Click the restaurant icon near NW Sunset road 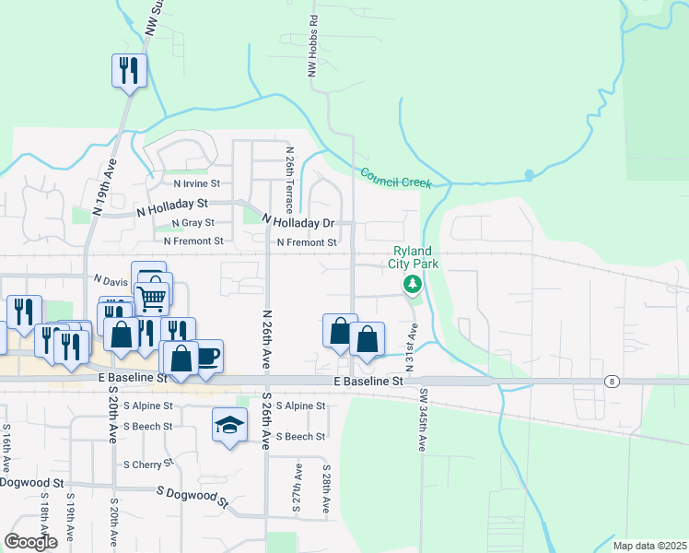[x=129, y=71]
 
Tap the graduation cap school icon [x=229, y=425]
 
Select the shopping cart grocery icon [x=151, y=297]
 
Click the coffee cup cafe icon [x=207, y=356]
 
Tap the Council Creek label [x=396, y=177]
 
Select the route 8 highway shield [x=611, y=381]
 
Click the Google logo [x=30, y=542]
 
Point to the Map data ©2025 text [x=649, y=546]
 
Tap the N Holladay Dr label [x=297, y=222]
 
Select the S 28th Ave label [x=326, y=488]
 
